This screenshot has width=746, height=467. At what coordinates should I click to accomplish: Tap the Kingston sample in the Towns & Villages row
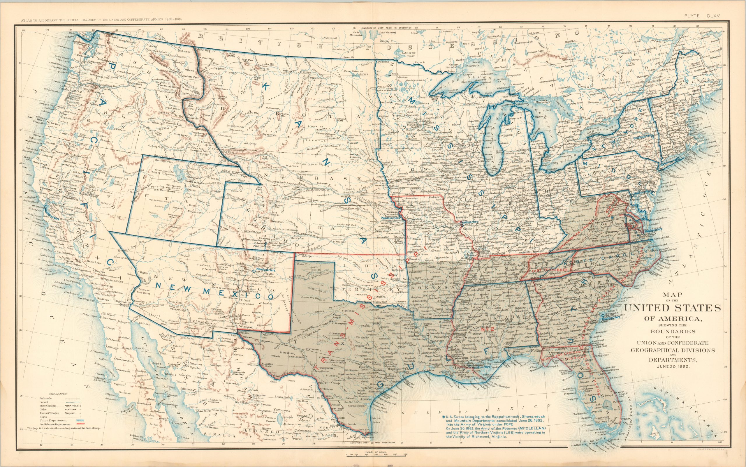tap(70, 413)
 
